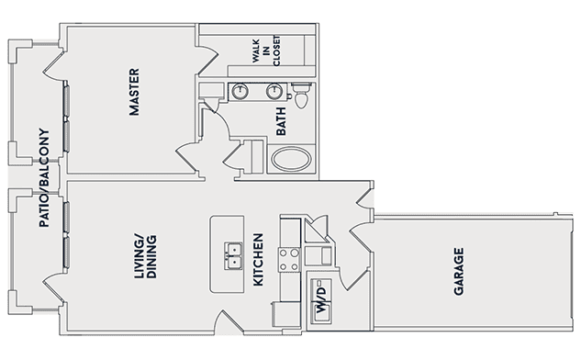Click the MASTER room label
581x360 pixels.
click(x=134, y=92)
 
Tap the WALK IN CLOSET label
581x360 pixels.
click(x=266, y=51)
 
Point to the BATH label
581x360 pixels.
click(x=281, y=121)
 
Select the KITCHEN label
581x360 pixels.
click(x=258, y=260)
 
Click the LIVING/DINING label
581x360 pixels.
click(x=145, y=256)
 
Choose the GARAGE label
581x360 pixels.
click(x=459, y=272)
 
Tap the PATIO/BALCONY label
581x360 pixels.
click(x=44, y=177)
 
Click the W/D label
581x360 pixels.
click(x=321, y=299)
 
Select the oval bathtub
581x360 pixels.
click(x=291, y=159)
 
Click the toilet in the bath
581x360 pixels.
click(x=301, y=95)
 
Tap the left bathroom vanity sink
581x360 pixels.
click(x=240, y=91)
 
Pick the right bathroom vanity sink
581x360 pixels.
click(x=274, y=91)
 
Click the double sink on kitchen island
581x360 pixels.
click(x=233, y=256)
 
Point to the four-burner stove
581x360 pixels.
click(x=289, y=260)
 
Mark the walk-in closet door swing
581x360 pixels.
click(x=207, y=60)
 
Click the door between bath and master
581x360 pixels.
click(x=217, y=118)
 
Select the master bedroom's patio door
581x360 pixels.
click(x=54, y=65)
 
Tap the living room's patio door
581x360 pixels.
click(x=54, y=289)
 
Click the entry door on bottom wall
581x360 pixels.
click(x=229, y=321)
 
